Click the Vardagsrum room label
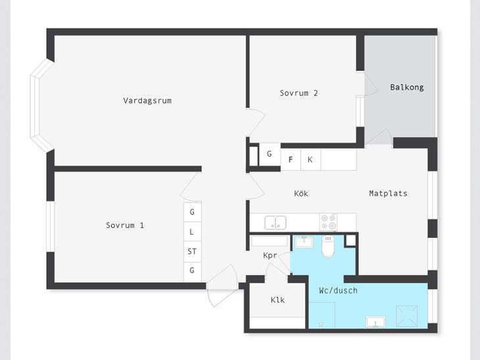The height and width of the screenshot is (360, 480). [x=147, y=101]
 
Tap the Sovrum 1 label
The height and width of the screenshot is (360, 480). [x=125, y=225]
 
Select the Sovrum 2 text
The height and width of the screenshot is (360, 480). [x=299, y=93]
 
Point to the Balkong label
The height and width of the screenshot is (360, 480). [x=407, y=87]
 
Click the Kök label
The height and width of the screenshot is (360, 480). [x=301, y=193]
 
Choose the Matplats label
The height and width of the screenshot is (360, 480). [x=388, y=193]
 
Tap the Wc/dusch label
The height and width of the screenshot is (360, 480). [x=338, y=290]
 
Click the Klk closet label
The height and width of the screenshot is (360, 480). [x=277, y=300]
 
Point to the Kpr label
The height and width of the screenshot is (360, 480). [x=270, y=256]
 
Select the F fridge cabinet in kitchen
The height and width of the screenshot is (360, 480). [x=291, y=160]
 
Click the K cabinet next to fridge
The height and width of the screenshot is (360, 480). [x=311, y=160]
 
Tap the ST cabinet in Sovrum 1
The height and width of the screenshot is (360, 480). [x=192, y=252]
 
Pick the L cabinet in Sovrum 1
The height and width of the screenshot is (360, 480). [x=192, y=231]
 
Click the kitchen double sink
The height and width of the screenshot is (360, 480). [x=276, y=223]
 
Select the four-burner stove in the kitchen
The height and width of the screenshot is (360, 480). [x=329, y=222]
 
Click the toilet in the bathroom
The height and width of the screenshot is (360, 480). [x=328, y=246]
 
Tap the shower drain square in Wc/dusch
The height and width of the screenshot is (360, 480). [x=407, y=316]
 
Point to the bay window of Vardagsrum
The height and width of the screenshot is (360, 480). [x=38, y=105]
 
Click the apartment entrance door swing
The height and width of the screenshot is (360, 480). [x=222, y=286]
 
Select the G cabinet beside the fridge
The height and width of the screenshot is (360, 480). [x=270, y=154]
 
